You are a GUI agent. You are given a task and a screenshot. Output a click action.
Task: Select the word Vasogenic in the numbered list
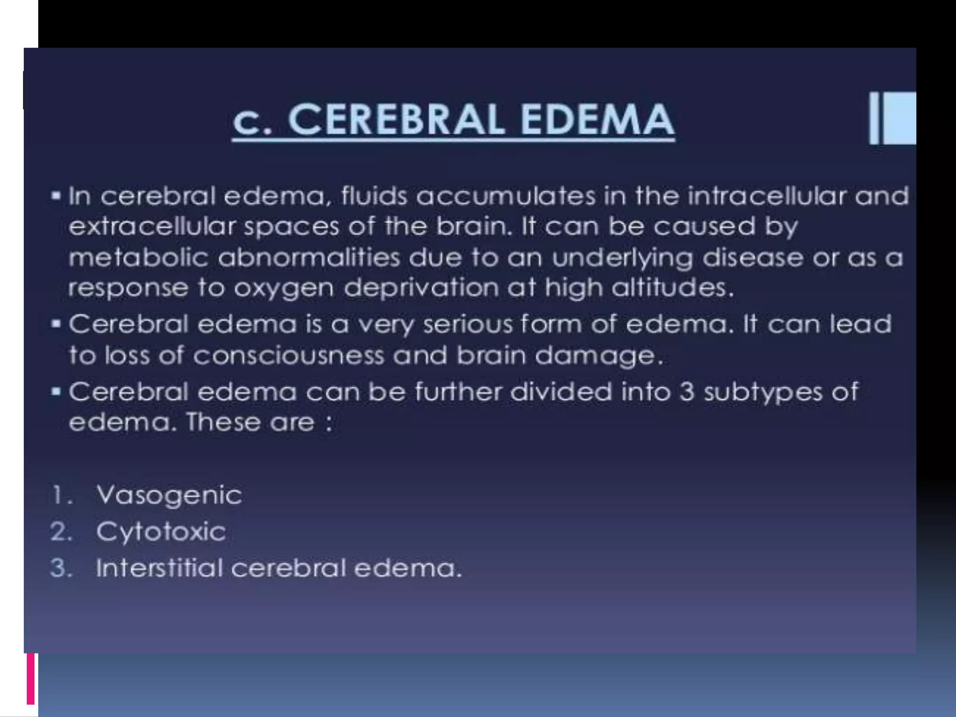coord(169,495)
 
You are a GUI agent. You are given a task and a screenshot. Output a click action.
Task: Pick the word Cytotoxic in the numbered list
coord(161,532)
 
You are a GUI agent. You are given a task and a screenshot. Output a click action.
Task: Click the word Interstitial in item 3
coord(159,568)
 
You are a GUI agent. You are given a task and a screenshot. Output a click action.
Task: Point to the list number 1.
coord(61,495)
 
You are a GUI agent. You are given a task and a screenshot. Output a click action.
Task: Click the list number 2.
coord(61,532)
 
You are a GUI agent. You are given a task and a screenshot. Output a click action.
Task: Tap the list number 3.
coord(61,568)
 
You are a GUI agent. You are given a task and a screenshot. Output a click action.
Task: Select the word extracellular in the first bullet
coord(152,227)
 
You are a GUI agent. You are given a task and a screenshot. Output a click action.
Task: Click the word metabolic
coord(138,258)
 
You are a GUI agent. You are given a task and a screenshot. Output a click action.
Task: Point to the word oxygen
coord(284,288)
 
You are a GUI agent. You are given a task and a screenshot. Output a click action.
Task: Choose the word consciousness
coord(288,356)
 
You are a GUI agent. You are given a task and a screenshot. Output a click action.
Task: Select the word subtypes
coord(763,392)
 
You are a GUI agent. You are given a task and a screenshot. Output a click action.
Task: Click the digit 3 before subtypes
coord(687,392)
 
